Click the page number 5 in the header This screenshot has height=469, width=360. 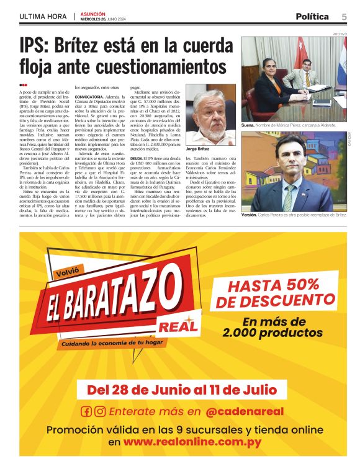click(x=344, y=17)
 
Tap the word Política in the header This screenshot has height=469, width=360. click(x=312, y=17)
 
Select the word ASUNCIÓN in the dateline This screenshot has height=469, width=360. click(x=92, y=14)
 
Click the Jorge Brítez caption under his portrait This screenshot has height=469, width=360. click(x=197, y=149)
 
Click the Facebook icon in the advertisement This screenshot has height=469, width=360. click(x=86, y=411)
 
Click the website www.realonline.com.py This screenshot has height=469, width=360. click(x=192, y=442)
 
